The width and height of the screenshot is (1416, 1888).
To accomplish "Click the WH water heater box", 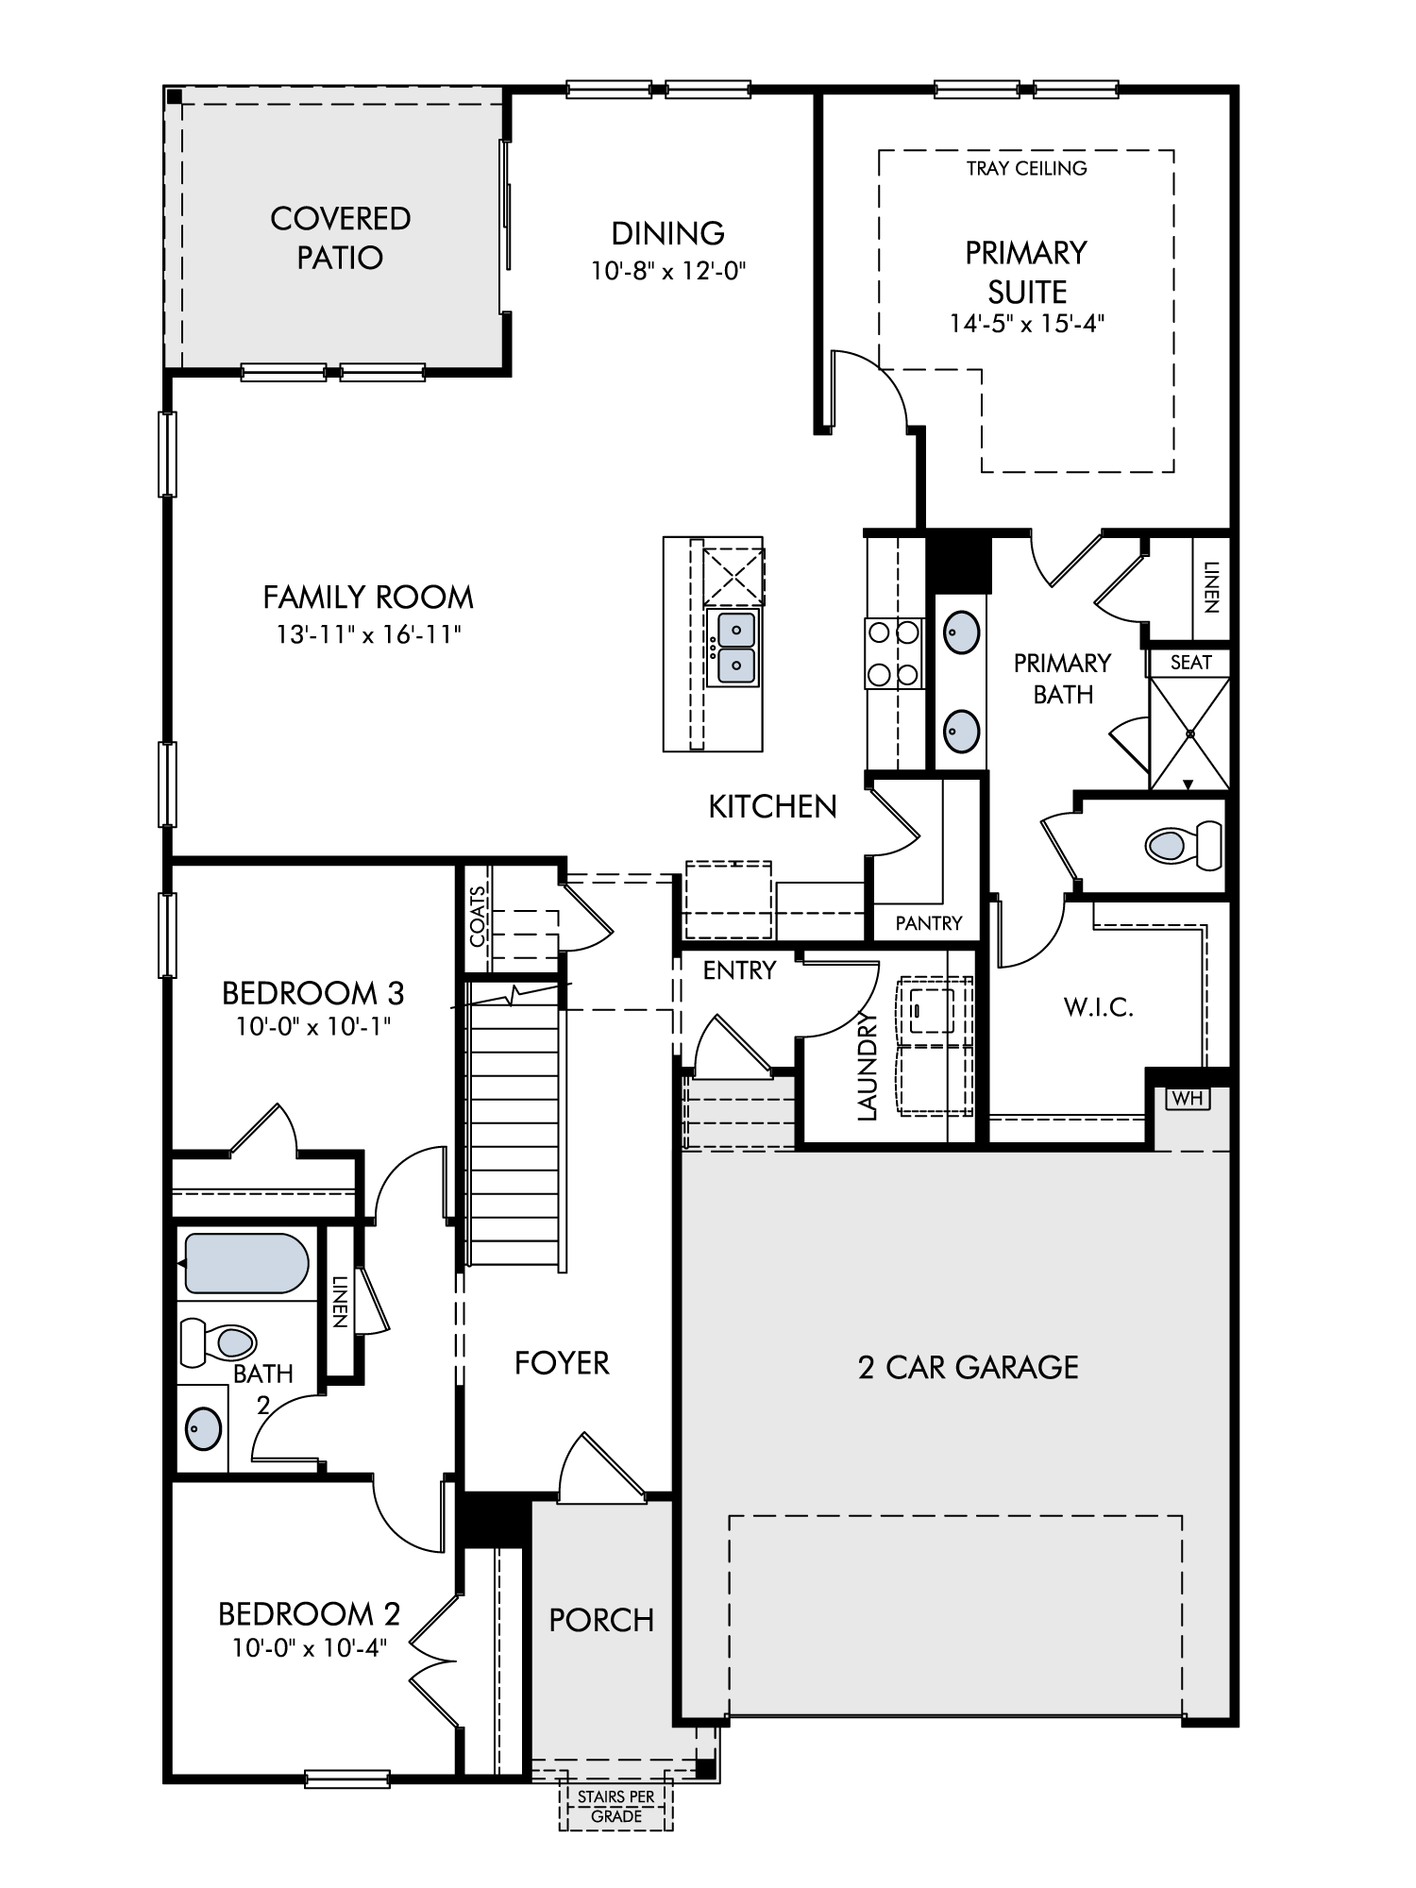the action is pyautogui.click(x=1188, y=1099).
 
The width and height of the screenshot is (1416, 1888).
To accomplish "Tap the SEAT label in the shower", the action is pyautogui.click(x=1190, y=663).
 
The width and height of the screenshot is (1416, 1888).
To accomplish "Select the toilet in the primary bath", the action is pyautogui.click(x=1183, y=844).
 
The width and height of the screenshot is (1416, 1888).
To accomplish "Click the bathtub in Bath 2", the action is pyautogui.click(x=247, y=1263).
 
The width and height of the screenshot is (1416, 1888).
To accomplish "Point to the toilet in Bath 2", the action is pyautogui.click(x=218, y=1341).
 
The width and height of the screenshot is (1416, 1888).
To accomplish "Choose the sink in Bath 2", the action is pyautogui.click(x=204, y=1429).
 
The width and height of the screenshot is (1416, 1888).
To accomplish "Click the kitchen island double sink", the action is pyautogui.click(x=735, y=647).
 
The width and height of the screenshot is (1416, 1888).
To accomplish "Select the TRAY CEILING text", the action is pyautogui.click(x=1026, y=169).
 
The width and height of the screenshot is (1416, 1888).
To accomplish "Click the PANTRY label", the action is pyautogui.click(x=929, y=923).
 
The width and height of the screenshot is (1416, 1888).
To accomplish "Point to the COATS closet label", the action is pyautogui.click(x=478, y=916).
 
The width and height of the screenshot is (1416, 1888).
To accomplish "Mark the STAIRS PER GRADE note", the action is pyautogui.click(x=616, y=1807).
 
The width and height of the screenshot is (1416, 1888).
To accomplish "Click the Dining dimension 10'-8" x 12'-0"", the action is pyautogui.click(x=668, y=272).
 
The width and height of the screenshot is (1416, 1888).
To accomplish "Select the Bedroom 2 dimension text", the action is pyautogui.click(x=310, y=1648).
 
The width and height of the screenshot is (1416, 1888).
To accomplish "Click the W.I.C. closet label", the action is pyautogui.click(x=1099, y=1007).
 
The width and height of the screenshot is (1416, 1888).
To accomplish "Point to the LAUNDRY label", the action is pyautogui.click(x=868, y=1066).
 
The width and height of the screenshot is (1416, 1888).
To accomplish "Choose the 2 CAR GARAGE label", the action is pyautogui.click(x=968, y=1368).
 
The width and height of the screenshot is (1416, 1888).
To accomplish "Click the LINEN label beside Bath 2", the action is pyautogui.click(x=341, y=1302).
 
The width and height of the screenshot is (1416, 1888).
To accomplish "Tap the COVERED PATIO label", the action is pyautogui.click(x=340, y=238).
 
